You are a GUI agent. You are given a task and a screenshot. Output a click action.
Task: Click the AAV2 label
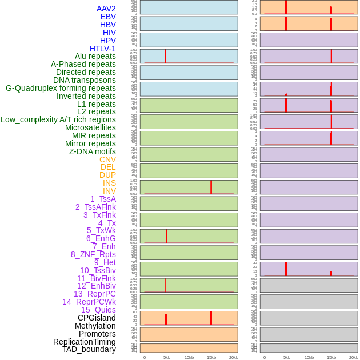pos(106,9)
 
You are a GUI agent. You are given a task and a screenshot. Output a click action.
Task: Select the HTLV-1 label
pos(103,49)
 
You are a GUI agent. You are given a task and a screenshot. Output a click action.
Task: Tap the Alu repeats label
pos(95,57)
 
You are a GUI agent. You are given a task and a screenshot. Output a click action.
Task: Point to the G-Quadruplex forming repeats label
pos(61,89)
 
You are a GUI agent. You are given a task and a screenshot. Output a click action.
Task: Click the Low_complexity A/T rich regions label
pos(58,120)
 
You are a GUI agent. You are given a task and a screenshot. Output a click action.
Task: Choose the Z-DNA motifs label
pos(93,152)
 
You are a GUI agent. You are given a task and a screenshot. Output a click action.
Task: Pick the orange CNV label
pos(107,159)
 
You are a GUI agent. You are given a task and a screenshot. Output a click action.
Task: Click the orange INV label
pos(109,191)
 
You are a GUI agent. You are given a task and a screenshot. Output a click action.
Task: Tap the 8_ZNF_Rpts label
pos(93,254)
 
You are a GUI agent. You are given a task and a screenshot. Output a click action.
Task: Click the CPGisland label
pos(97,318)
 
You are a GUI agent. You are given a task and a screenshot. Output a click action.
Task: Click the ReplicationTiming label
pos(85,342)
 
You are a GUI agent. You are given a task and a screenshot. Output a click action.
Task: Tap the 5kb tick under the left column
pos(167,357)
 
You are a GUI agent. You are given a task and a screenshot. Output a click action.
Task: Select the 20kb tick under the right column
pos(354,357)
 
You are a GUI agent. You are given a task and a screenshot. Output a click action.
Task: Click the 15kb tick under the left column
pos(211,357)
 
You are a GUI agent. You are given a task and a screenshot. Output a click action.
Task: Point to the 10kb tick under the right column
pos(309,357)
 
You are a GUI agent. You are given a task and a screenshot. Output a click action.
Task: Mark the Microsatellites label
pos(90,128)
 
